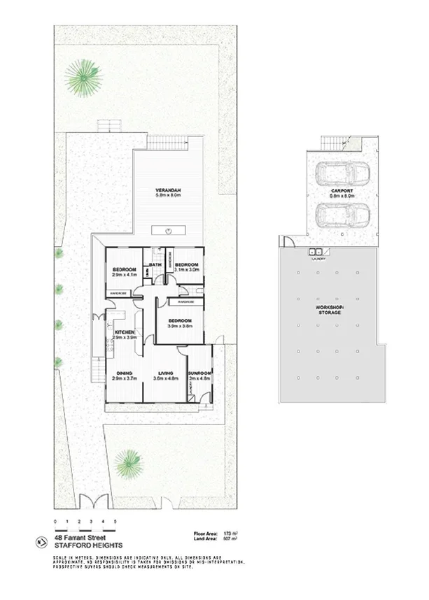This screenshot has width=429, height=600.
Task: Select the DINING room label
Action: (125, 373)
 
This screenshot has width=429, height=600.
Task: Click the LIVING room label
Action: (166, 373)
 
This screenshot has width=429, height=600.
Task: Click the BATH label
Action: (157, 264)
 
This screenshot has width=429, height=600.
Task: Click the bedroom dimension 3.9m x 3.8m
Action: (179, 326)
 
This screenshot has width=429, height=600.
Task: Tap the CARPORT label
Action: (342, 191)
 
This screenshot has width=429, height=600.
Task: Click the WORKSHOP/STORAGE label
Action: (328, 309)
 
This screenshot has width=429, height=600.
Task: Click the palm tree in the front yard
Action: (128, 462)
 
